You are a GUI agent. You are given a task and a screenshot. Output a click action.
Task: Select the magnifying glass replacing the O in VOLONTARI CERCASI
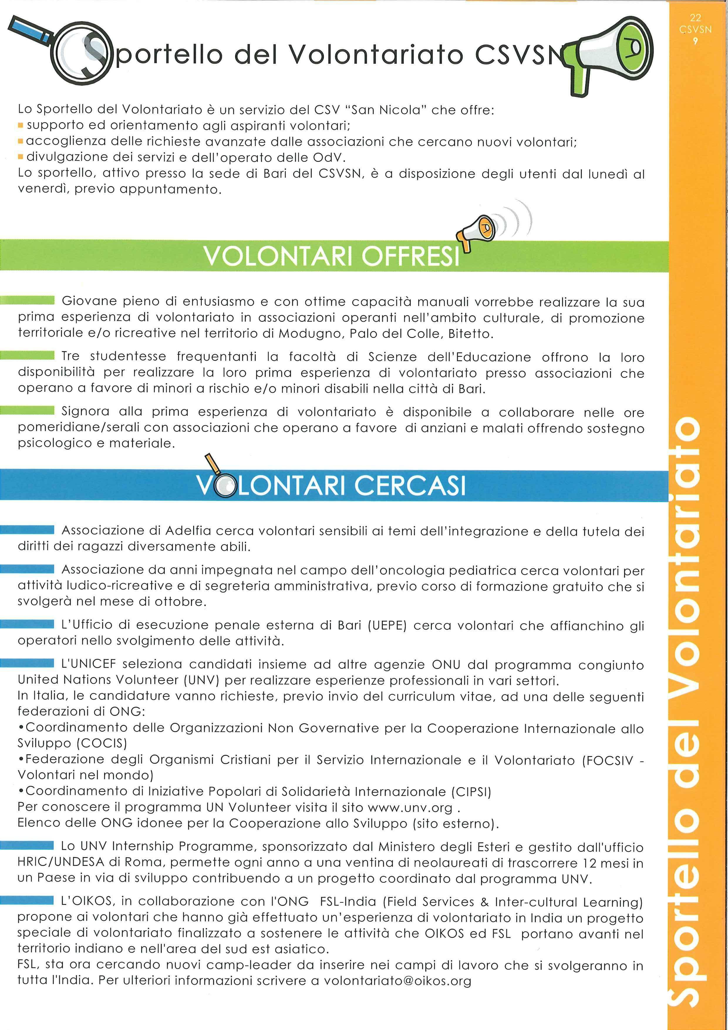(x=223, y=486)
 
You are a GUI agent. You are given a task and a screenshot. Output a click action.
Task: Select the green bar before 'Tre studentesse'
(x=27, y=357)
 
